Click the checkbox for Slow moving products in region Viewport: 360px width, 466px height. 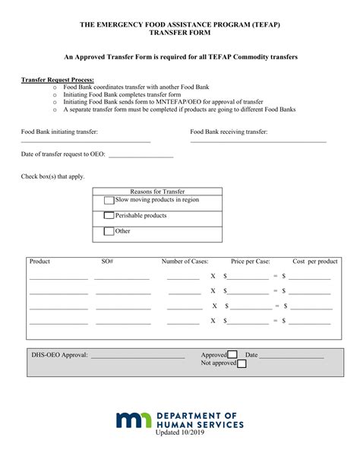pos(109,201)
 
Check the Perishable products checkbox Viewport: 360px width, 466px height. pos(109,216)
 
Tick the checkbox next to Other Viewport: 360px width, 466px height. pos(109,231)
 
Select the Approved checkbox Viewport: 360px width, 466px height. pos(232,354)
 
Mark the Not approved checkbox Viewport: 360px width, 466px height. pos(242,363)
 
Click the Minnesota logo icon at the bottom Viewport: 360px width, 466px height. pos(134,420)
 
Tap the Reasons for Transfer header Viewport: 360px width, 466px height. pos(157,192)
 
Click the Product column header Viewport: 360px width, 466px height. pos(39,262)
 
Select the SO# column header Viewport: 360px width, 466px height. pos(107,262)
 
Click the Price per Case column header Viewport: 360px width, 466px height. pos(251,262)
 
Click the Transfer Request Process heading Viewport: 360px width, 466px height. pos(52,79)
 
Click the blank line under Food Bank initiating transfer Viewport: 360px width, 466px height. pos(85,141)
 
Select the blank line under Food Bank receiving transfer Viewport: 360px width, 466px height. pos(258,141)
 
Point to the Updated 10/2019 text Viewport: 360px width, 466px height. pos(180,433)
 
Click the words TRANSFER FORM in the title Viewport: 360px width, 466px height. pos(179,33)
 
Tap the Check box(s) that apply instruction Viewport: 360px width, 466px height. pos(52,176)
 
